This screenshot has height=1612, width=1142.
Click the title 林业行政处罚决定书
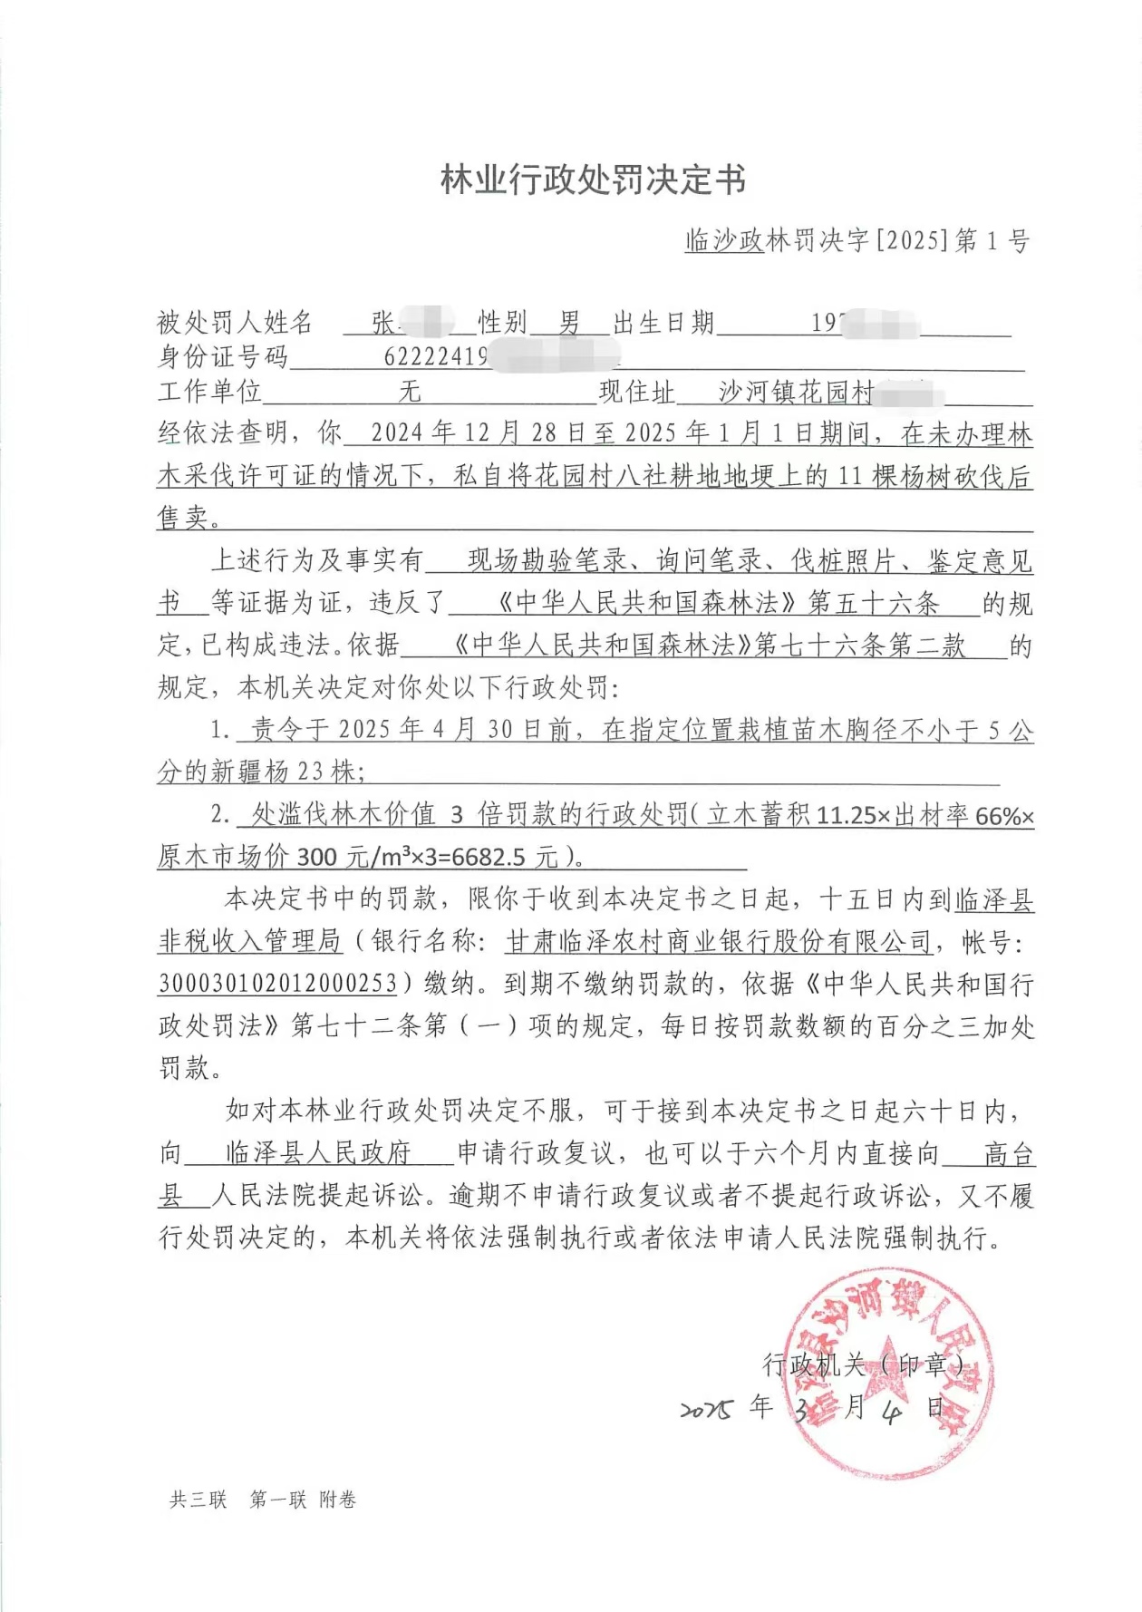594,180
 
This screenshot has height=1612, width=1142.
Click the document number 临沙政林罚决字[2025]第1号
856,240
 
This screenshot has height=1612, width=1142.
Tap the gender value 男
569,323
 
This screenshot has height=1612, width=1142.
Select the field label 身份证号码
223,356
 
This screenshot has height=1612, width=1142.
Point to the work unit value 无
410,392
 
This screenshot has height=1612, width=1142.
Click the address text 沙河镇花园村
796,392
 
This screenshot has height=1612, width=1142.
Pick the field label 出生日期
664,323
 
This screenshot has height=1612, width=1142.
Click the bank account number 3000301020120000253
278,984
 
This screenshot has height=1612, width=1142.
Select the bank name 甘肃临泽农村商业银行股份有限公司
719,942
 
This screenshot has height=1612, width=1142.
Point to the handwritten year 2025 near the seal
706,1410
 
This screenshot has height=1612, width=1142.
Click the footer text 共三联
198,1500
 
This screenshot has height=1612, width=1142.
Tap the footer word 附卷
337,1500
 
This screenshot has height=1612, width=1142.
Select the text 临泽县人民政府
318,1153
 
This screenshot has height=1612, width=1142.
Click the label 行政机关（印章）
863,1364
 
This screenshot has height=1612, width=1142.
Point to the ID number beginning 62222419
436,356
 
